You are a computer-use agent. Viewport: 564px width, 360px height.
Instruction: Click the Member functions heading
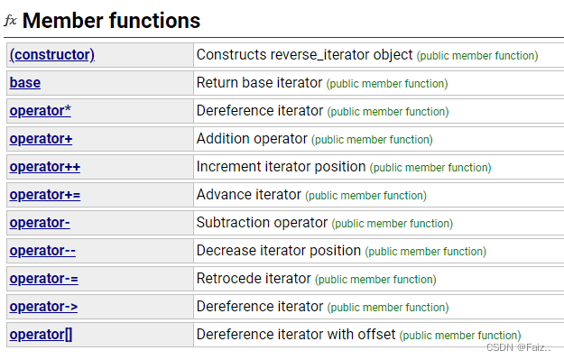111,20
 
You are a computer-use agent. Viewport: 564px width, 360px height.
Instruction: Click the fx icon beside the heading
11,20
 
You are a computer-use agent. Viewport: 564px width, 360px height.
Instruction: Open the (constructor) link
52,55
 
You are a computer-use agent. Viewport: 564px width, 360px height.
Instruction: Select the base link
25,83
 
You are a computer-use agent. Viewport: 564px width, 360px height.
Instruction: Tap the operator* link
41,111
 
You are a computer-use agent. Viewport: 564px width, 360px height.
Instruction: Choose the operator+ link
42,139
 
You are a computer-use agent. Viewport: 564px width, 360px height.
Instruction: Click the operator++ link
45,167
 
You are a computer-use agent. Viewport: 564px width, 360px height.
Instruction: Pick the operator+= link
45,195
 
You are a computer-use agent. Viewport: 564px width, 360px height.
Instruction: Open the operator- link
40,223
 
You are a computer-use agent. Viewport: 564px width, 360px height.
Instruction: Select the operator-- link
42,251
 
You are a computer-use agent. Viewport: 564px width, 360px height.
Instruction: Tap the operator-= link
43,279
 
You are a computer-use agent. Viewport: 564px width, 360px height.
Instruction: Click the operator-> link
44,307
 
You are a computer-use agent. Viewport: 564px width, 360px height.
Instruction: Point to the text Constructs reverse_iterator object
304,55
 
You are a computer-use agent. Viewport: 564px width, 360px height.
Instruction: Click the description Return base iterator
259,83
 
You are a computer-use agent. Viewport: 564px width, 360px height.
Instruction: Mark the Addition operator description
252,139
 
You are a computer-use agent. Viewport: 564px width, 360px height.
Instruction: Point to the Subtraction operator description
262,223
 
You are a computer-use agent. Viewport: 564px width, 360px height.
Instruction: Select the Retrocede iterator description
254,279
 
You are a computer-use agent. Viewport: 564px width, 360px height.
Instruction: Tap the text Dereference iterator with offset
296,335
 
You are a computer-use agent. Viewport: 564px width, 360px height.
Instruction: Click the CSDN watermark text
519,347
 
